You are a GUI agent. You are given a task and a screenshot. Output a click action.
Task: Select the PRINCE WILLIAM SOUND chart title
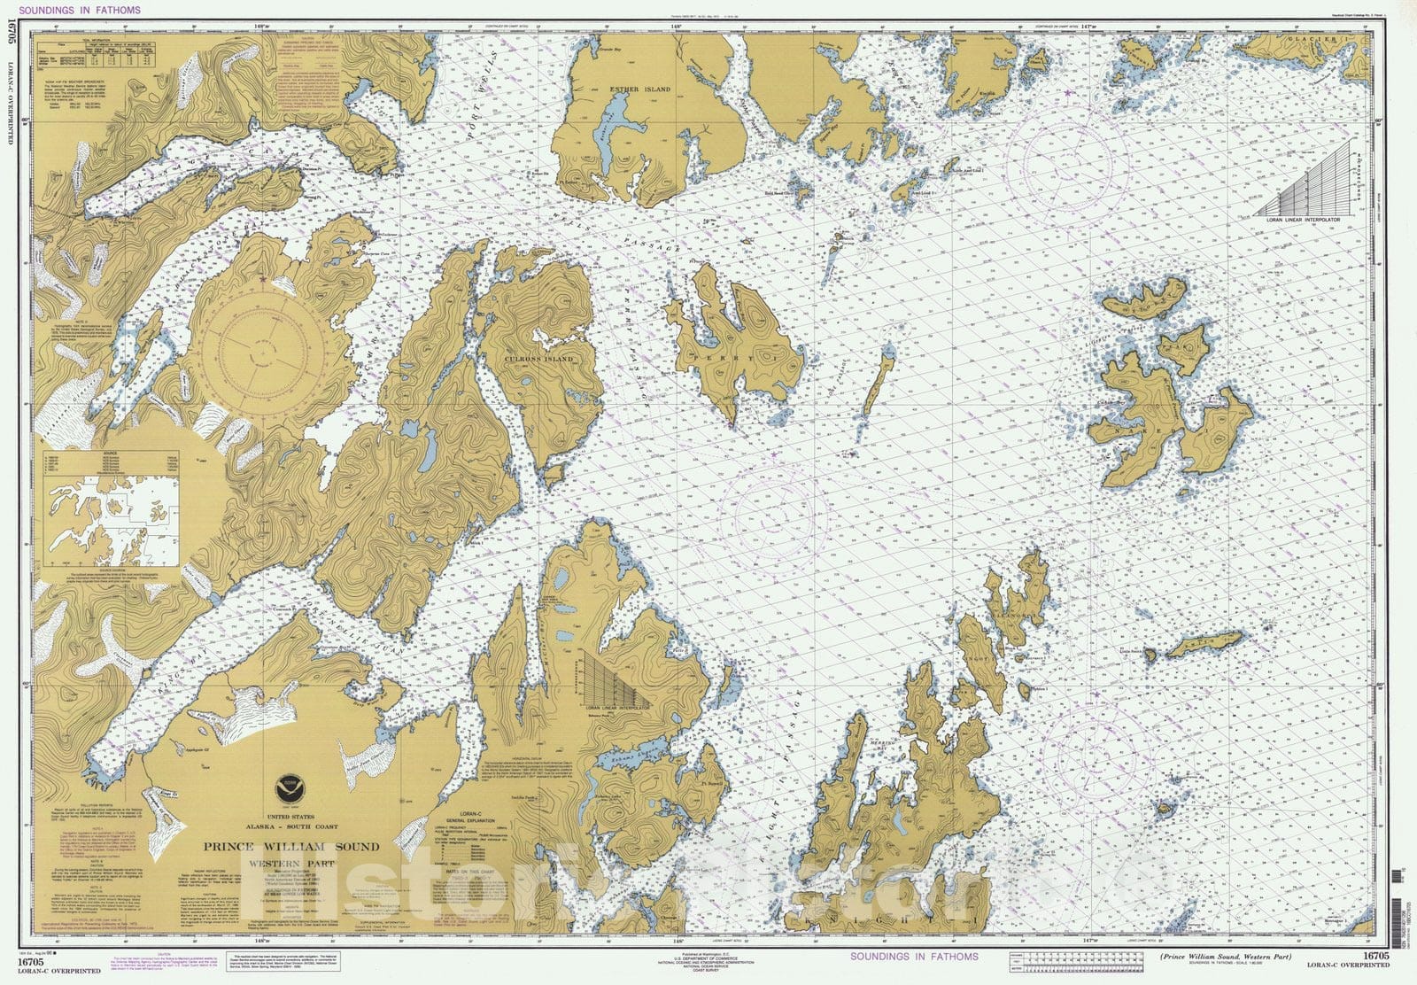click(292, 846)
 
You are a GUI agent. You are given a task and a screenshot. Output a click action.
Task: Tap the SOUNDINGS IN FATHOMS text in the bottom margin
click(914, 957)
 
